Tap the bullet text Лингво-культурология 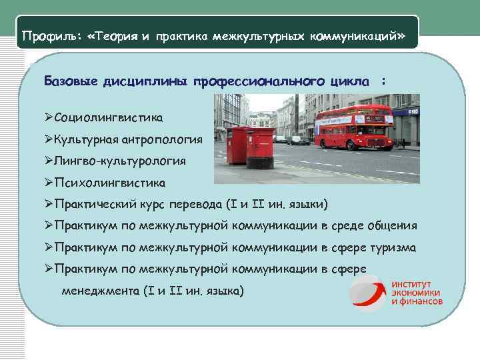click(x=120, y=161)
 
